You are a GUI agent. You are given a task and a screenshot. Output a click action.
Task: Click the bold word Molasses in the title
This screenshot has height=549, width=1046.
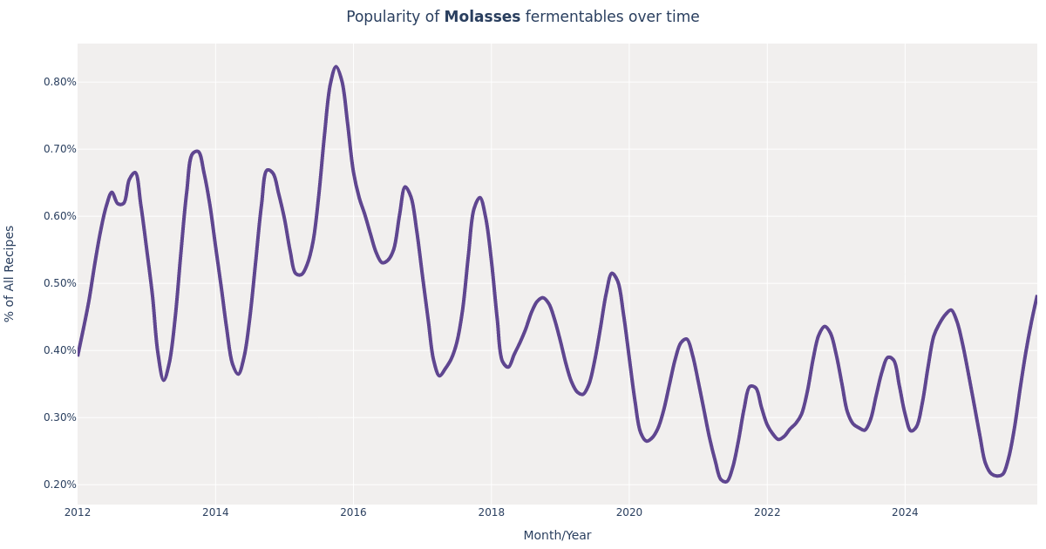point(481,17)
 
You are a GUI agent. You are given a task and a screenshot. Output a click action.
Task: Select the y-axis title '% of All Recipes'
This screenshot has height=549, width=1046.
point(10,274)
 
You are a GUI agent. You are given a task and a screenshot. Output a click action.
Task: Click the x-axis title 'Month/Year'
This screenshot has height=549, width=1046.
point(557,536)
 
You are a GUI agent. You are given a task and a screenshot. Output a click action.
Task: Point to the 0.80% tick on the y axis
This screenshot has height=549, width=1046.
point(60,82)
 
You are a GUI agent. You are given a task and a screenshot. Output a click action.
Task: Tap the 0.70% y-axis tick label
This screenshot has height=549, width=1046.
point(60,149)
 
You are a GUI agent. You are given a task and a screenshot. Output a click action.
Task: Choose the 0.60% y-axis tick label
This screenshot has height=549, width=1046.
point(60,216)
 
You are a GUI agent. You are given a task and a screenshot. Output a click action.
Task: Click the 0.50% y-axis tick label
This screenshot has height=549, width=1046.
point(60,283)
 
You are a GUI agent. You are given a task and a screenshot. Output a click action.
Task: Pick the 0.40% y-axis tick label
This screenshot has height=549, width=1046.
point(60,350)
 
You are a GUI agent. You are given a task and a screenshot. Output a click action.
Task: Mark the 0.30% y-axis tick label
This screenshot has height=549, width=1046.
point(60,417)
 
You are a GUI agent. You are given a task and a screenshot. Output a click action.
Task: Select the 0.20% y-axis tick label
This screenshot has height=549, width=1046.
point(60,485)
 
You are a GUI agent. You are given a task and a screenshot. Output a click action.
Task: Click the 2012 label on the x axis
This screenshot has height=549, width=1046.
point(78,512)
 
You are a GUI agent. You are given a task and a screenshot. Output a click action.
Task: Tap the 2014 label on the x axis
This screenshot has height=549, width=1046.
point(215,512)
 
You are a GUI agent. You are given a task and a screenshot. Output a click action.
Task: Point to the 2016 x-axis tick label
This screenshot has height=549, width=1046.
point(353,512)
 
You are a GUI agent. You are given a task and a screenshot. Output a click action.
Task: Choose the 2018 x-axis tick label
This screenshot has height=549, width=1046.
point(491,512)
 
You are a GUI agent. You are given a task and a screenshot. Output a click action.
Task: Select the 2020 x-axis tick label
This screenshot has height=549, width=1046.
point(628,512)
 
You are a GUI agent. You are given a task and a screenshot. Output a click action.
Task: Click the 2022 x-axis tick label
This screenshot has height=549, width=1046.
point(767,512)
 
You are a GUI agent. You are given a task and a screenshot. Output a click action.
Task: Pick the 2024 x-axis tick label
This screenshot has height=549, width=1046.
point(905,512)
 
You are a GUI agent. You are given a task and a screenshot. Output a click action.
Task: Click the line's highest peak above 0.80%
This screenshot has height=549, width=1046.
point(336,67)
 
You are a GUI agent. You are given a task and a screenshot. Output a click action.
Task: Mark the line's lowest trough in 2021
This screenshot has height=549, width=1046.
point(724,481)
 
